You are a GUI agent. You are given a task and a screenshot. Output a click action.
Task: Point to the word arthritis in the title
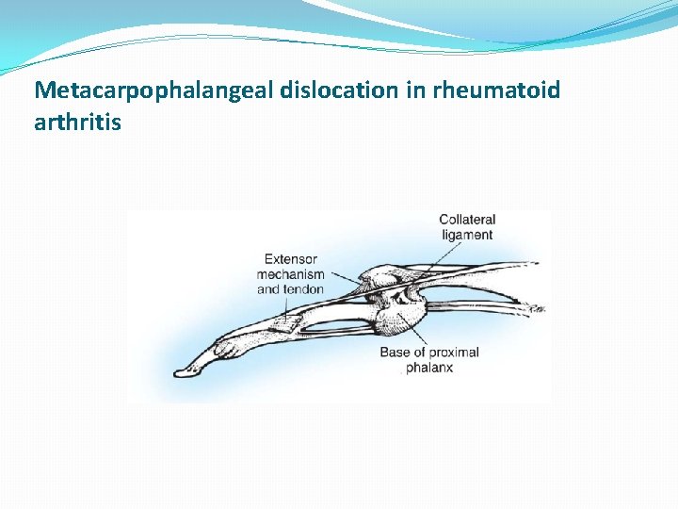pyautogui.click(x=77, y=122)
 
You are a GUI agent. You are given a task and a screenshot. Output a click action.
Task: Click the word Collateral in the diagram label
pyautogui.click(x=467, y=221)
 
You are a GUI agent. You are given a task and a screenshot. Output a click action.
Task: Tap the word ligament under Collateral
pyautogui.click(x=466, y=235)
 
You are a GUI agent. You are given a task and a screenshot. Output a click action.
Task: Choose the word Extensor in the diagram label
pyautogui.click(x=290, y=259)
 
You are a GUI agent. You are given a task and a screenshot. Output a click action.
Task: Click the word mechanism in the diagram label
pyautogui.click(x=290, y=274)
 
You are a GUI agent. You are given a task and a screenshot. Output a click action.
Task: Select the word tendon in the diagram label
pyautogui.click(x=304, y=289)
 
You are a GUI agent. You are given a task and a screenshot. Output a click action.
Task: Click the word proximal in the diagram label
pyautogui.click(x=454, y=353)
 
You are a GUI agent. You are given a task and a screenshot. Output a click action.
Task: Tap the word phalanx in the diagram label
pyautogui.click(x=429, y=368)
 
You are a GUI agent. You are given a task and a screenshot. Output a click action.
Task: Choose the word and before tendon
pyautogui.click(x=268, y=289)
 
